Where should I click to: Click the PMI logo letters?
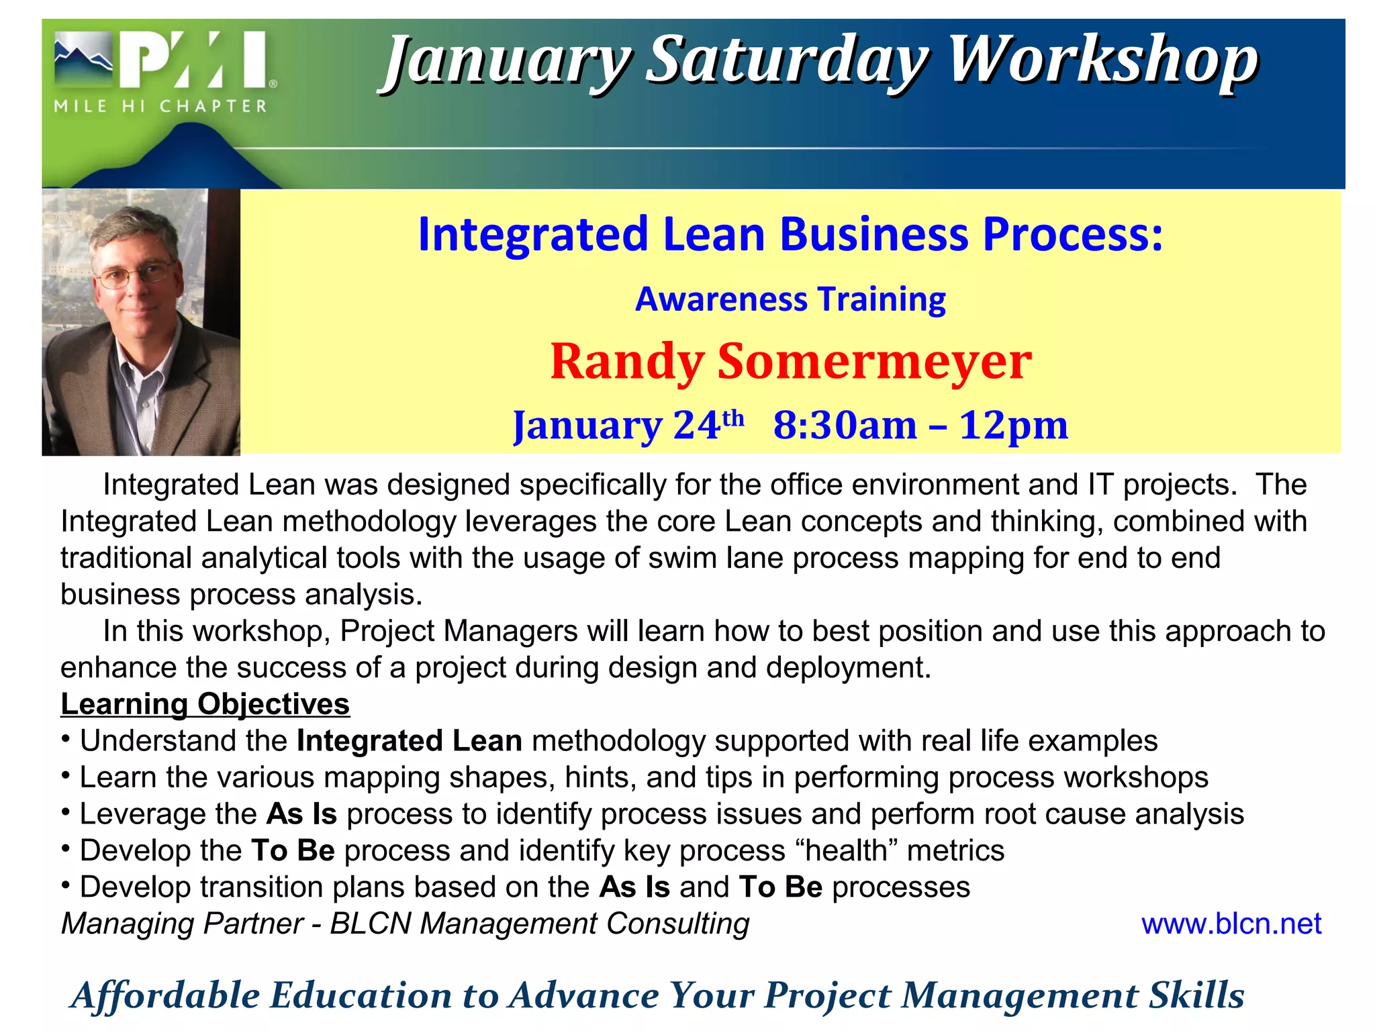(195, 60)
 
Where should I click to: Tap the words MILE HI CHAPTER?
(160, 107)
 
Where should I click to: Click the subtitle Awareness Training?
(790, 299)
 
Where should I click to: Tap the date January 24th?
(628, 425)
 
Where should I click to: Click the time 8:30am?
(845, 425)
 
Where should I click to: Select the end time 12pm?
(1013, 425)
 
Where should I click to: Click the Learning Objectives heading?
(205, 704)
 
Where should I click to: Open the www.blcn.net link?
(1231, 924)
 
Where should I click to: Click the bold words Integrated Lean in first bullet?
(410, 741)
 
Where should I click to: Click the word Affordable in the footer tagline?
(165, 995)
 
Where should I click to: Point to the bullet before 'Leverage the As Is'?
(66, 813)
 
